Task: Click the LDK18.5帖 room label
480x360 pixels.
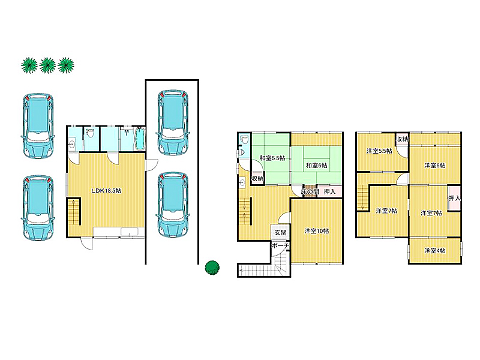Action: point(106,191)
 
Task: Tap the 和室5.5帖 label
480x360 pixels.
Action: point(272,158)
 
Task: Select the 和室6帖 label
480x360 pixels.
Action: point(317,166)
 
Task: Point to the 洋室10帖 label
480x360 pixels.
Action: point(317,231)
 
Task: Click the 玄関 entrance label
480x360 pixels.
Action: point(280,233)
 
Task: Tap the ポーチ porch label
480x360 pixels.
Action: point(280,245)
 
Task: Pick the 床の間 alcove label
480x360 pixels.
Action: point(310,191)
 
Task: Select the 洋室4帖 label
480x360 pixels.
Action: point(434,251)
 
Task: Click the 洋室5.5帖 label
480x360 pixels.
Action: point(379,151)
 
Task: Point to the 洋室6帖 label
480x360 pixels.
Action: point(434,166)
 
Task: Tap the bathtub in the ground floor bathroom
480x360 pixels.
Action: point(140,139)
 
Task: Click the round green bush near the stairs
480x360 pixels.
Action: point(212,268)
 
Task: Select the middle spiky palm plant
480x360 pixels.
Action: point(48,65)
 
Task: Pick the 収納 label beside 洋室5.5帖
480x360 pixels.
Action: point(402,139)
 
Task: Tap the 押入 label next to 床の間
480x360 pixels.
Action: point(329,191)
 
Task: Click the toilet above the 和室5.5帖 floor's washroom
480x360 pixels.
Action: point(244,140)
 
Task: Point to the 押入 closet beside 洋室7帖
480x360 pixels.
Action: point(454,198)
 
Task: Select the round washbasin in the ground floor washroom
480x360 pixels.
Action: point(72,143)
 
